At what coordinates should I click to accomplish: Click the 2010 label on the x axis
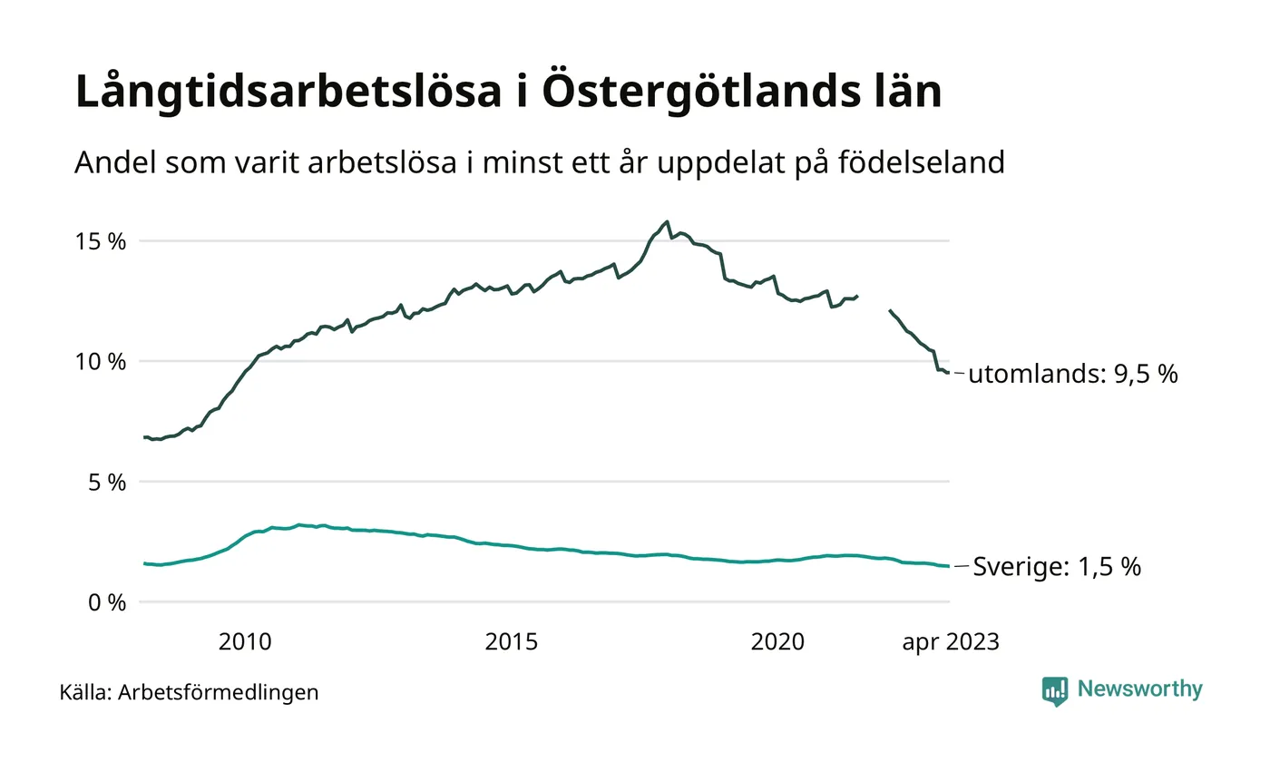pos(245,642)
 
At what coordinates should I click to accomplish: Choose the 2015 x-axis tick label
pos(512,642)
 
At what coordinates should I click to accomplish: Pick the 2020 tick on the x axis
pos(777,642)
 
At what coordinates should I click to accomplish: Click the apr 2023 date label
pos(950,642)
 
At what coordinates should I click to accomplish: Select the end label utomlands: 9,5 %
pos(1073,374)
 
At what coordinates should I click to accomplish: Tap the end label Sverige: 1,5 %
pos(1057,567)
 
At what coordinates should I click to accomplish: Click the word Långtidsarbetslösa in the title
pos(288,94)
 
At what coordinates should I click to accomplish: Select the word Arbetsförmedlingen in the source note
pos(219,692)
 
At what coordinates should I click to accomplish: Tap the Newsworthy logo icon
pos(1055,690)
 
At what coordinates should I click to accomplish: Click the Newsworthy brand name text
pos(1139,689)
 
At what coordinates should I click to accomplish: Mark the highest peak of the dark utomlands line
pos(668,221)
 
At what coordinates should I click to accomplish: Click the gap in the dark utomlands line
pos(874,302)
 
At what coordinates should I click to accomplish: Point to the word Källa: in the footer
pos(85,692)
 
